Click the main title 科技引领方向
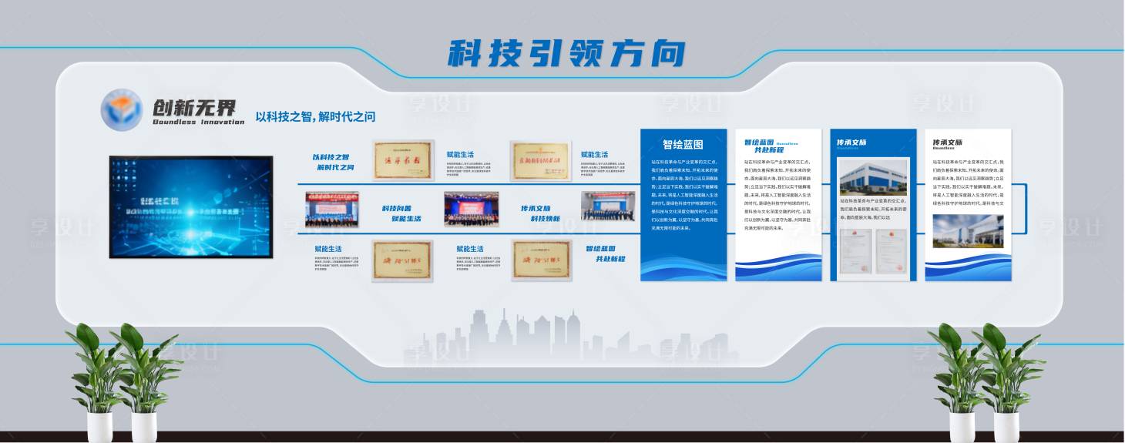[566, 53]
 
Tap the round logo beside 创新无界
[122, 109]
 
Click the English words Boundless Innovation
[198, 122]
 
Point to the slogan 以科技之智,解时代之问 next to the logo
[316, 116]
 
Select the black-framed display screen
[190, 206]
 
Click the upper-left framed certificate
[402, 160]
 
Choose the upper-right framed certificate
[540, 160]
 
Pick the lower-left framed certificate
[402, 260]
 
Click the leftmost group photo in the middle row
[331, 209]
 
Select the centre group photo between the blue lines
[471, 209]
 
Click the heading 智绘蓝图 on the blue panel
[683, 144]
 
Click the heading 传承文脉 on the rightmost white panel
[947, 143]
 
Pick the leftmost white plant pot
[99, 426]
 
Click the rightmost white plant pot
[1006, 426]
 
